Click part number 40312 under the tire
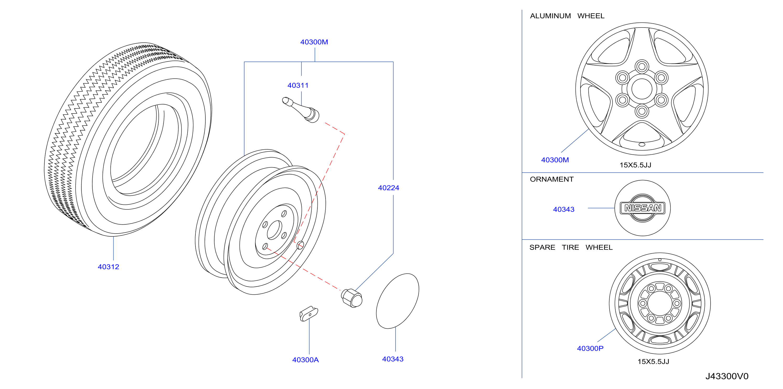click(109, 267)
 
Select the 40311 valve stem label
click(298, 86)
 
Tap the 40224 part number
click(388, 188)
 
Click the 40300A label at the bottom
click(306, 360)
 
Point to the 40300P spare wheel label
click(590, 349)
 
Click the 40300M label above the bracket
click(314, 42)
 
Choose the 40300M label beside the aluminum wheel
click(555, 160)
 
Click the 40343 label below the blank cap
click(393, 359)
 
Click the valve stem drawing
click(301, 110)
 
